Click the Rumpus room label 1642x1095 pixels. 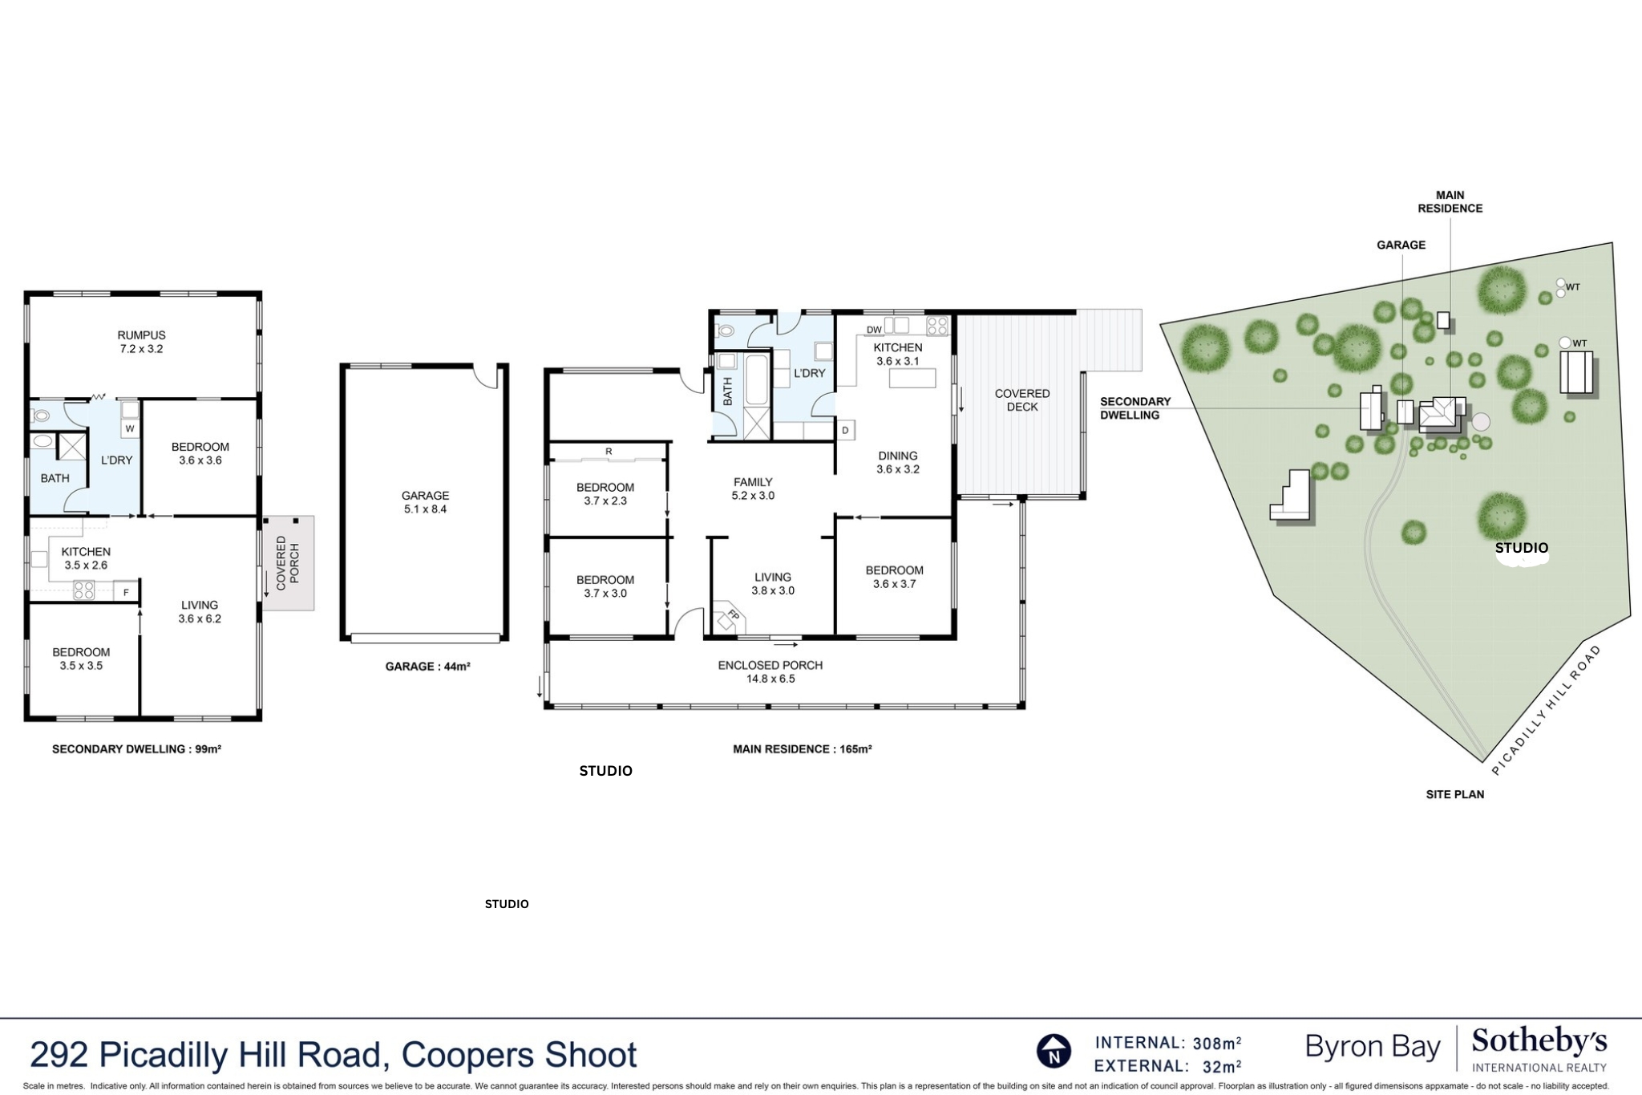point(141,342)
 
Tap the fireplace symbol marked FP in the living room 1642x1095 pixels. point(730,618)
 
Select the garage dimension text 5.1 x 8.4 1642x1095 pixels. point(425,509)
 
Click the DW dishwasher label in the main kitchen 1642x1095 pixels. point(874,330)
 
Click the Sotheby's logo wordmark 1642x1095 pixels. point(1539,1042)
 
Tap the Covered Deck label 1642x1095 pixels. point(1022,399)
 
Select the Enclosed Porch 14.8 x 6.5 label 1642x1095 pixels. point(770,671)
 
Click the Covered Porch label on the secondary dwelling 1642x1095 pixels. point(287,563)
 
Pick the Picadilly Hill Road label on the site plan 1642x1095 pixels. point(1547,710)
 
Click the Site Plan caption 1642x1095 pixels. point(1454,794)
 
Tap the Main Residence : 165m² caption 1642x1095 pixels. point(802,749)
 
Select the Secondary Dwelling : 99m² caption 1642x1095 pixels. point(136,749)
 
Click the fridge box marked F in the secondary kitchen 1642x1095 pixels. point(126,593)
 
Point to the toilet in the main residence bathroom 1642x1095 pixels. point(726,331)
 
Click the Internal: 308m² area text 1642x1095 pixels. point(1167,1043)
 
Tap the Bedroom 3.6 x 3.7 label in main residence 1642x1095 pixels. point(894,577)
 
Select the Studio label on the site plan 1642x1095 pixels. point(1521,548)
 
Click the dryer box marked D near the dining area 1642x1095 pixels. point(845,431)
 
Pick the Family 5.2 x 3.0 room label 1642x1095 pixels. point(753,489)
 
